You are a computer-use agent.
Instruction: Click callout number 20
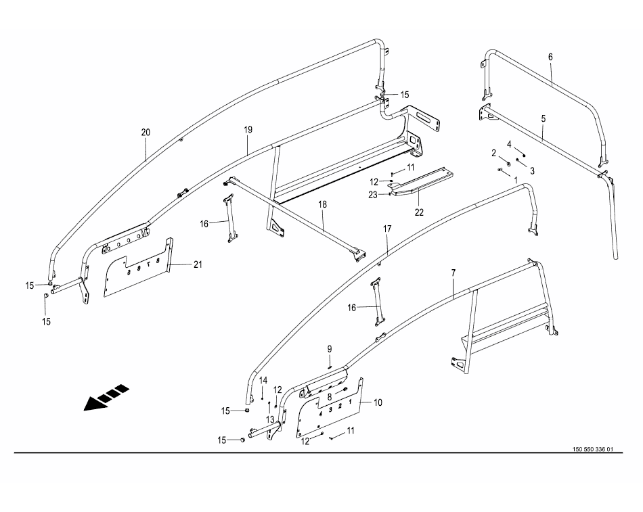pos(146,132)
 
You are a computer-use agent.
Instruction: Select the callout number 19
pos(248,128)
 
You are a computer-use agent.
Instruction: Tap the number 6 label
pos(550,57)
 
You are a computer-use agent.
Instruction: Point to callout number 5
pos(543,118)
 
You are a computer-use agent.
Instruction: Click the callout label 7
pos(453,273)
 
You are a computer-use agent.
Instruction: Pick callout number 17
pos(387,229)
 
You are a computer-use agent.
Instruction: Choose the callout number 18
pos(323,204)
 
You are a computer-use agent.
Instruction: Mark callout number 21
pos(197,264)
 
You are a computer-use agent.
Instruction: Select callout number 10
pos(377,402)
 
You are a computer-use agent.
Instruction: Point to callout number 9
pos(330,348)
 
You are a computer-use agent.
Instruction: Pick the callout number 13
pos(270,419)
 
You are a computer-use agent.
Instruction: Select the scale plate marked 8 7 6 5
pos(139,267)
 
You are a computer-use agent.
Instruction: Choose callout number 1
pos(516,181)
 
